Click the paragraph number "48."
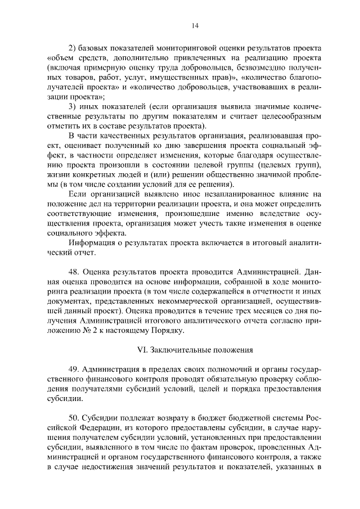pyautogui.click(x=75, y=272)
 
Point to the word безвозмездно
pyautogui.click(x=256, y=67)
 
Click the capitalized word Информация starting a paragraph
pyautogui.click(x=94, y=242)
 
